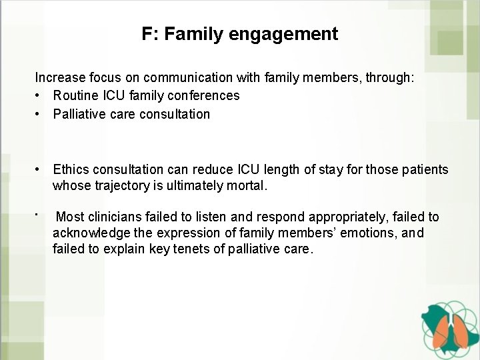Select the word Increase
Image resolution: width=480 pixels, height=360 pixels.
[x=59, y=78]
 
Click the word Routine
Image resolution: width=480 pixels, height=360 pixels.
[x=77, y=96]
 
